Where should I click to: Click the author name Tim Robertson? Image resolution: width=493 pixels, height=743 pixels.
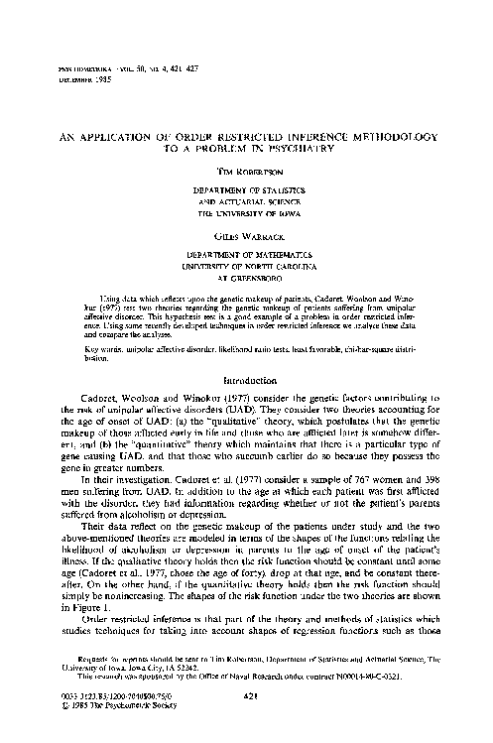pyautogui.click(x=249, y=170)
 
